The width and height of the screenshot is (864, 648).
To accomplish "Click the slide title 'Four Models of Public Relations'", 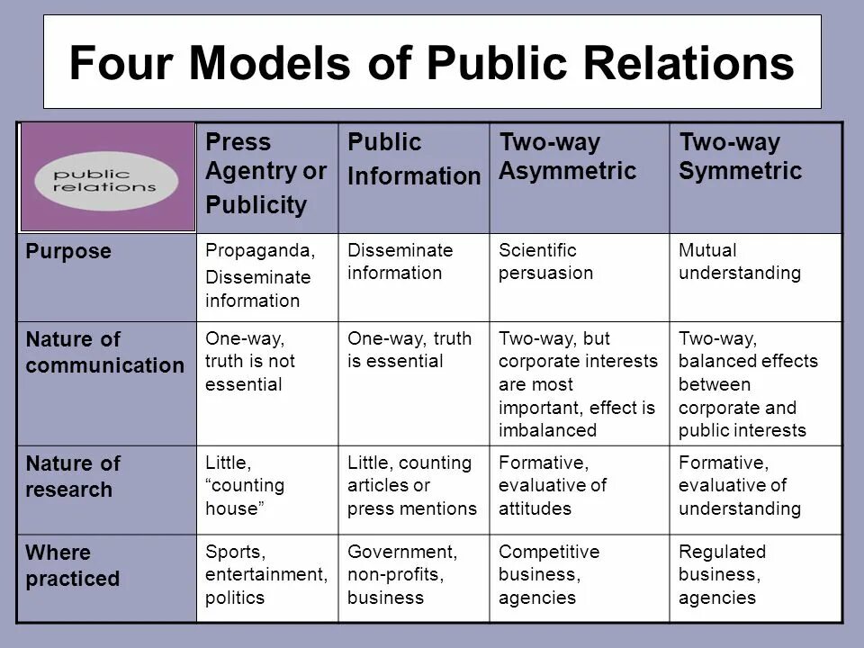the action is [432, 64].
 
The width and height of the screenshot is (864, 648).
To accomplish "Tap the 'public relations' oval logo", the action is [107, 179].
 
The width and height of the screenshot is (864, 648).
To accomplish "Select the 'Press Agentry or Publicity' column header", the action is [265, 174].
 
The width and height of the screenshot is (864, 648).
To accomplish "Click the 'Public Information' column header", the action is [413, 160].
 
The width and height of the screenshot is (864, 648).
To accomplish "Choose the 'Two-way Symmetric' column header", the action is [740, 157].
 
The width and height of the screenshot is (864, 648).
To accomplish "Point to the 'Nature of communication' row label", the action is [104, 353].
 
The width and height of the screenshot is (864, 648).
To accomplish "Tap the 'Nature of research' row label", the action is [73, 477].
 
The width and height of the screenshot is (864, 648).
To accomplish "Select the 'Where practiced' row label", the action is [72, 564].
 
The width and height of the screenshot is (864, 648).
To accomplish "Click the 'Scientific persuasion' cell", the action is [545, 262].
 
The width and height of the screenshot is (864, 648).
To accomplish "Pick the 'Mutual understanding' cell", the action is [739, 262].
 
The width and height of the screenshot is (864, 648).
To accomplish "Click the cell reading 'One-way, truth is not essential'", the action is [245, 362].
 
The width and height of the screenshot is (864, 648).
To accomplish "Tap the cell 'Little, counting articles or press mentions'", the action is [411, 486].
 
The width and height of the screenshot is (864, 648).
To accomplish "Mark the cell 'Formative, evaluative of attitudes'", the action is [552, 486].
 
